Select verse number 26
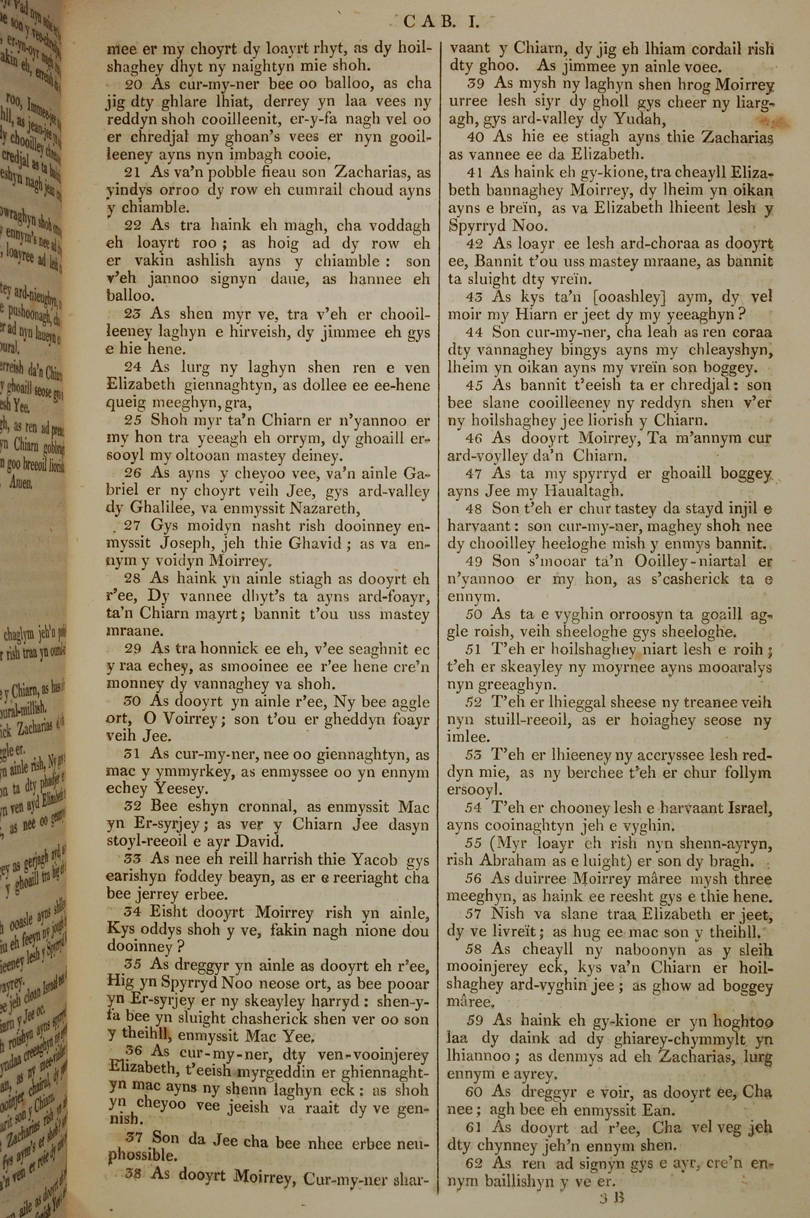[x=135, y=473]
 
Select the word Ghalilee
[x=149, y=509]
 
